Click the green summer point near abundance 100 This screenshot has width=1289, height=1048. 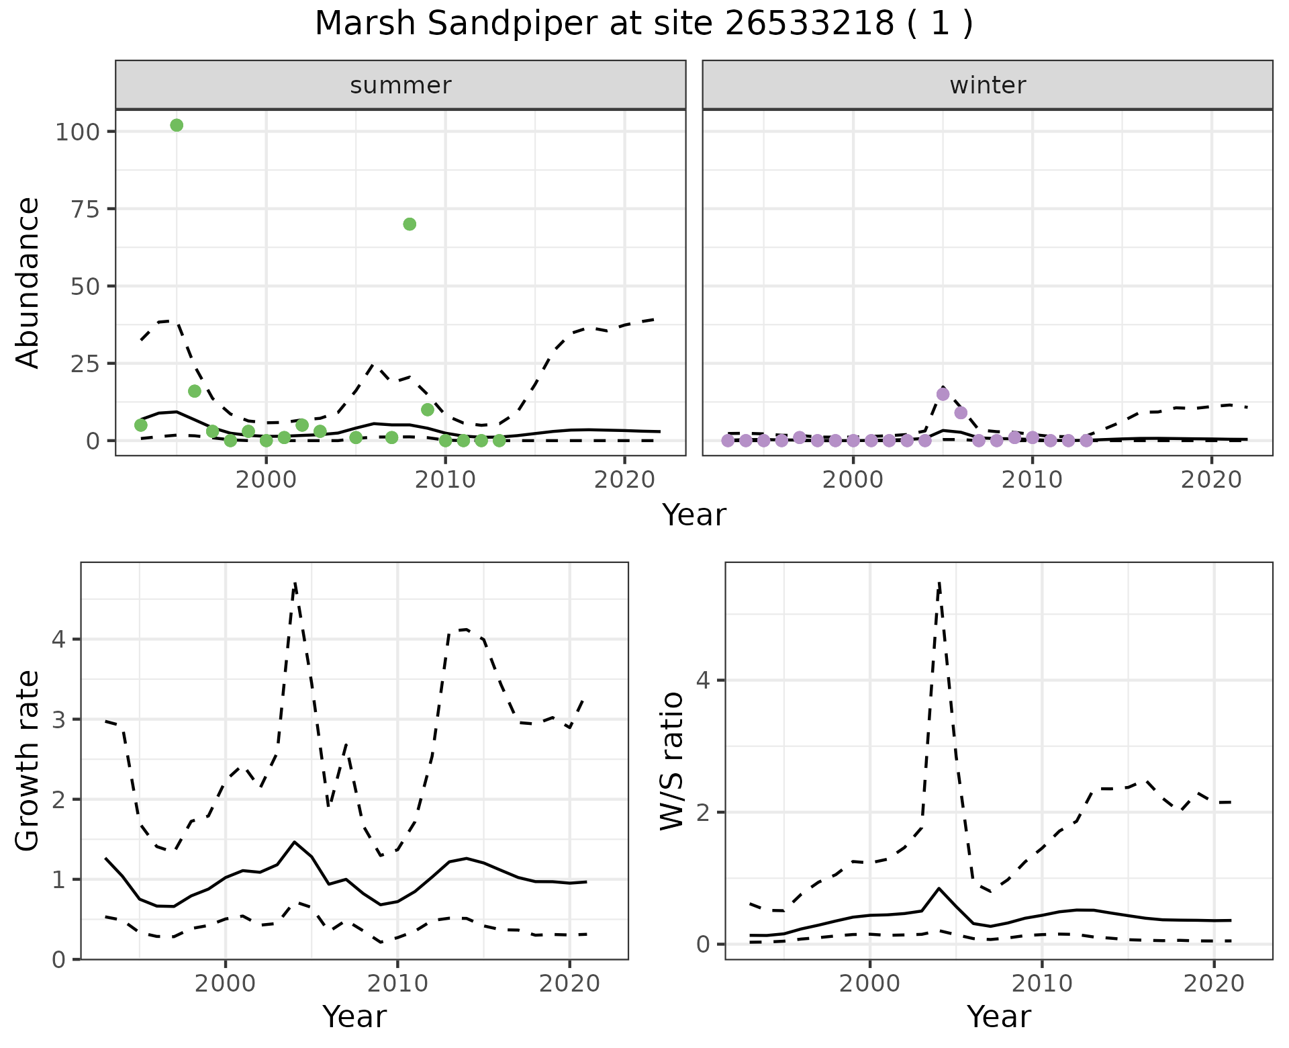pos(177,125)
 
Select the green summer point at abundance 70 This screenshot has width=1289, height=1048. pos(410,224)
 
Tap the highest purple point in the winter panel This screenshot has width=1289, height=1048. pos(943,394)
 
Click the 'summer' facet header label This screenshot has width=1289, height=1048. pos(400,85)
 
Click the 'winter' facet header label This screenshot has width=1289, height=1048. pos(988,85)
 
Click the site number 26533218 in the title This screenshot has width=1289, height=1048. pos(809,24)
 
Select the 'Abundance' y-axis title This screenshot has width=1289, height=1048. pos(28,282)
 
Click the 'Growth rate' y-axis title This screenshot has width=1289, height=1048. pos(28,761)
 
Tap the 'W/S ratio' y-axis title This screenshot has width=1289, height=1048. pos(672,761)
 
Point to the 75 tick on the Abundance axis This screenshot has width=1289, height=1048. pos(87,209)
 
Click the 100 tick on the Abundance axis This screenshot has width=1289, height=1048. pos(80,132)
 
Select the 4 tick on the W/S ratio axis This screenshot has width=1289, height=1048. pos(703,680)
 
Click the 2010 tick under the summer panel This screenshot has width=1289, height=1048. pos(445,480)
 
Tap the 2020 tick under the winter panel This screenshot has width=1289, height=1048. pos(1212,480)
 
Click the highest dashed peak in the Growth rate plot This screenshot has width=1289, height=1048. pos(295,583)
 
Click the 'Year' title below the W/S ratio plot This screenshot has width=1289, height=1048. pos(998,1017)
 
